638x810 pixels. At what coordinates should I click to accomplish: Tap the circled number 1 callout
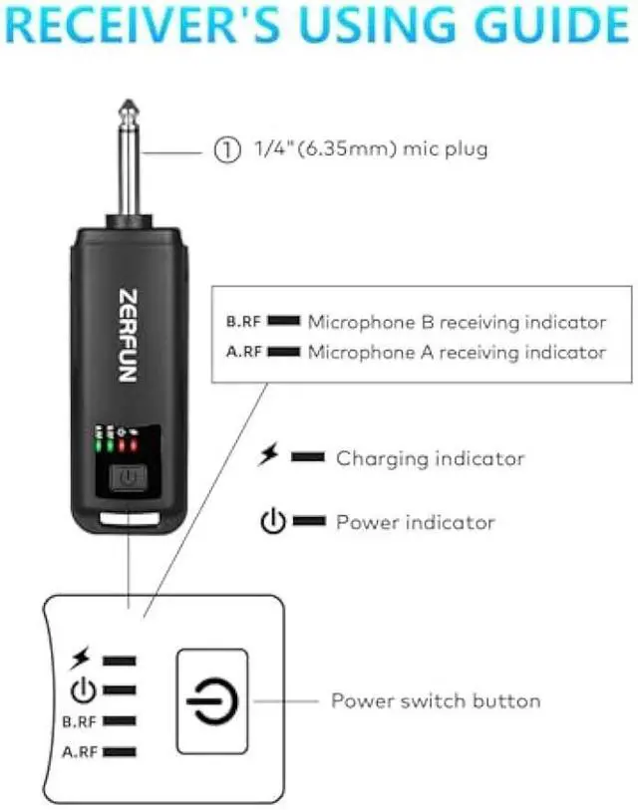tap(227, 150)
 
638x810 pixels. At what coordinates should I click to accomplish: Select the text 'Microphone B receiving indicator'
tap(457, 322)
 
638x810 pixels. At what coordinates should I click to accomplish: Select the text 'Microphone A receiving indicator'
tap(457, 352)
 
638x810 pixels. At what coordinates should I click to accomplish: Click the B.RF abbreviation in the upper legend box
tap(244, 322)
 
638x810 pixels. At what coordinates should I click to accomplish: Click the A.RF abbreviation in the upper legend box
tap(244, 352)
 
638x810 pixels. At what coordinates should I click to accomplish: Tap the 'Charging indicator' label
tap(430, 458)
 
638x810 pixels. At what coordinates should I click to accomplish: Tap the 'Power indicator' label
tap(415, 521)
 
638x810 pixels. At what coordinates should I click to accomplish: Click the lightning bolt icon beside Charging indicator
tap(267, 456)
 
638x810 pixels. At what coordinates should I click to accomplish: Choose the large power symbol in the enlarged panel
tap(211, 701)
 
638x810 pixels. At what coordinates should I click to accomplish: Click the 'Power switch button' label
tap(436, 700)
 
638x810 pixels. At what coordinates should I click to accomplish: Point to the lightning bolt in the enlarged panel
tap(80, 659)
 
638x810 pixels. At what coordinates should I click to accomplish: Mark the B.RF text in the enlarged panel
tap(80, 719)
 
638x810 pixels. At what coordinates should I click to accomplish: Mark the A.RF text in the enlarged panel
tap(80, 751)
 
